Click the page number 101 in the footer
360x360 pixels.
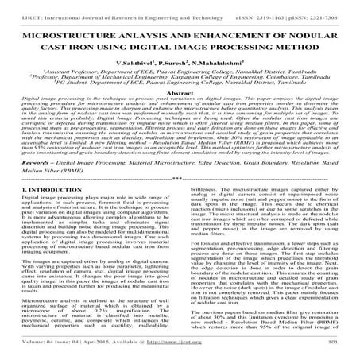tap(343, 350)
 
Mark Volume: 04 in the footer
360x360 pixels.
tap(31, 350)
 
